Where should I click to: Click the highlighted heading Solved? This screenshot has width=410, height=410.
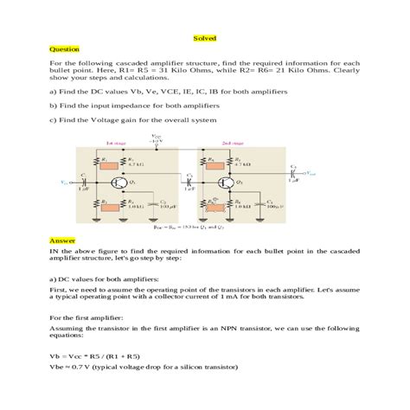point(204,38)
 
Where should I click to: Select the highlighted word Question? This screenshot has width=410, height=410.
point(63,49)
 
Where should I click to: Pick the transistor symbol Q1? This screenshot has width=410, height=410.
point(118,183)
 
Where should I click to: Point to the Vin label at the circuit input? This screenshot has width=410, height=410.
point(64,183)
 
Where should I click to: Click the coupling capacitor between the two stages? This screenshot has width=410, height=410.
point(189,183)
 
